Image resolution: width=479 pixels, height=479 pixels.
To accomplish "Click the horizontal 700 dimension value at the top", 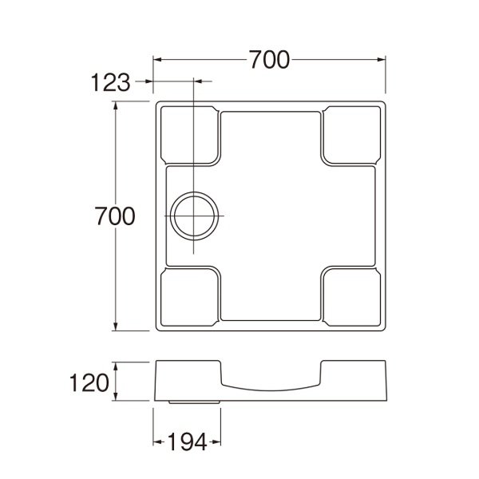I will [268, 59].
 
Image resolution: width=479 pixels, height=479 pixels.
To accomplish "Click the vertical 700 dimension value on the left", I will [113, 215].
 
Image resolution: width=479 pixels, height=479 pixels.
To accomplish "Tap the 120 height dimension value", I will [89, 382].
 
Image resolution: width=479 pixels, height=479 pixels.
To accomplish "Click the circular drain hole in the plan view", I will [194, 216].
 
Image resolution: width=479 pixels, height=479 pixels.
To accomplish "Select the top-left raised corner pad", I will [189, 135].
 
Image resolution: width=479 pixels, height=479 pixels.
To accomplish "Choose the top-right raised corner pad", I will [349, 135].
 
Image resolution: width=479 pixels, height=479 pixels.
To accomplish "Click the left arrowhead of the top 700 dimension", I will [157, 59].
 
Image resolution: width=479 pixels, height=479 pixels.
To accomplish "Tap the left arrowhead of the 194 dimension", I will [157, 441].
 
